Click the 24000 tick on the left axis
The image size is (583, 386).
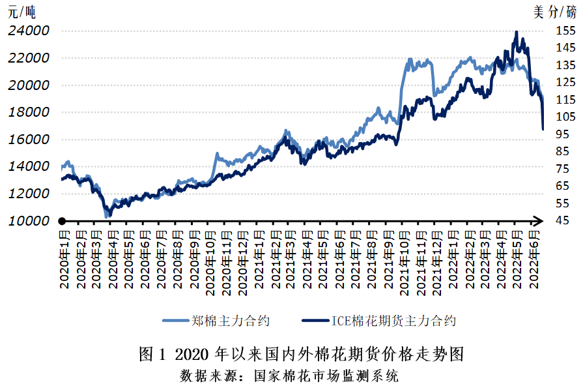click(29, 31)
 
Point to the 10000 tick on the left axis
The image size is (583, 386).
click(29, 220)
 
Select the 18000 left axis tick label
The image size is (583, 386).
click(29, 112)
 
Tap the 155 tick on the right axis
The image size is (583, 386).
click(565, 31)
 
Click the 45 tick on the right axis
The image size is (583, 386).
click(562, 220)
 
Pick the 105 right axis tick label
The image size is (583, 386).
click(565, 117)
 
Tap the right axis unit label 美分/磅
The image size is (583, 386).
click(554, 11)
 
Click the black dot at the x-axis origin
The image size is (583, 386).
click(63, 221)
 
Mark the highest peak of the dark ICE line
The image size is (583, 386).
click(517, 31)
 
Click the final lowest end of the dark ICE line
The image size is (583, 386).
click(543, 129)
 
